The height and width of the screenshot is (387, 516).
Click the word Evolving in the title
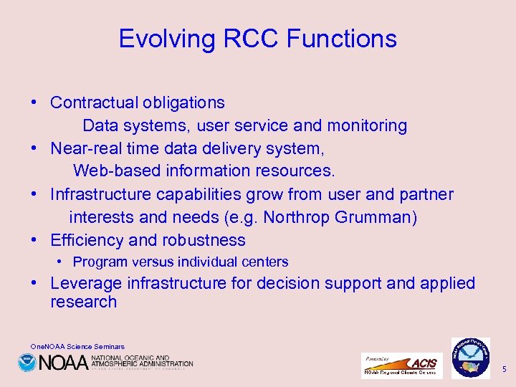161,39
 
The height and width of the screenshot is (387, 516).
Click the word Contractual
93,103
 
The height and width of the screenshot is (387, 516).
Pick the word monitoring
367,126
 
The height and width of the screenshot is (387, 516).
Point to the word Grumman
380,217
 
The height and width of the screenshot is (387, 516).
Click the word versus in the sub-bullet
155,262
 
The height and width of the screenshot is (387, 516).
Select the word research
83,302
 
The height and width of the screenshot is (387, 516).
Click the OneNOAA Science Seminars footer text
77,347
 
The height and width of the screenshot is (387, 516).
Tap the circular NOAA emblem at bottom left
27,363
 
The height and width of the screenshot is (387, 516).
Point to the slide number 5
504,369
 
